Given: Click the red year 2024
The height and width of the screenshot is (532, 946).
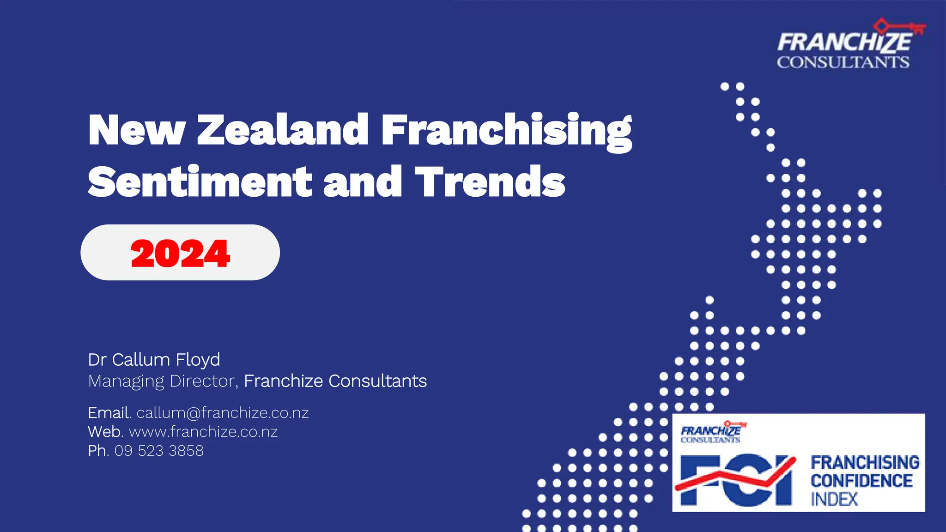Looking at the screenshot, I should (180, 254).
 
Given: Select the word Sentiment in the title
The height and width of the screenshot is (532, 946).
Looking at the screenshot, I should (200, 181).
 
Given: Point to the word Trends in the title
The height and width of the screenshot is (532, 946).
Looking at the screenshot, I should (490, 181).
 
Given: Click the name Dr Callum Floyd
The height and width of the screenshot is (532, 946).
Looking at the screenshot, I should (154, 359).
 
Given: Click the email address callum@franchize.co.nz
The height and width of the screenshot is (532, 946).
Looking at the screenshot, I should (223, 412).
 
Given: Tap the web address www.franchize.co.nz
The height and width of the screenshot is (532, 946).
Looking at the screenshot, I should (203, 432).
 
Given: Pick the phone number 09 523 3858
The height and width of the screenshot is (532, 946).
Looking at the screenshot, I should (159, 451).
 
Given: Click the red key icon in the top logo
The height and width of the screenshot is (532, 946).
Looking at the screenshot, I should (901, 27).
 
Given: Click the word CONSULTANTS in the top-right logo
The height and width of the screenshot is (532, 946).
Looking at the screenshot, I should (843, 62).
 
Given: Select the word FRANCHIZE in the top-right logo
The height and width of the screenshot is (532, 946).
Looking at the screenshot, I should (844, 42).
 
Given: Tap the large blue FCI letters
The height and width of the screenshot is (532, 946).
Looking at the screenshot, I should (737, 480).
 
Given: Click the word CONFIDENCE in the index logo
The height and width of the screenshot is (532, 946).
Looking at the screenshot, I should (861, 481).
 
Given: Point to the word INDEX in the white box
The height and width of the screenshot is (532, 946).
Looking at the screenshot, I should (834, 499).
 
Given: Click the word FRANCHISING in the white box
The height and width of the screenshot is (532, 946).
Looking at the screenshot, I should (865, 462).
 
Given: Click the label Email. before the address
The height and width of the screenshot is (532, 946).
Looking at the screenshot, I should (109, 412).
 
